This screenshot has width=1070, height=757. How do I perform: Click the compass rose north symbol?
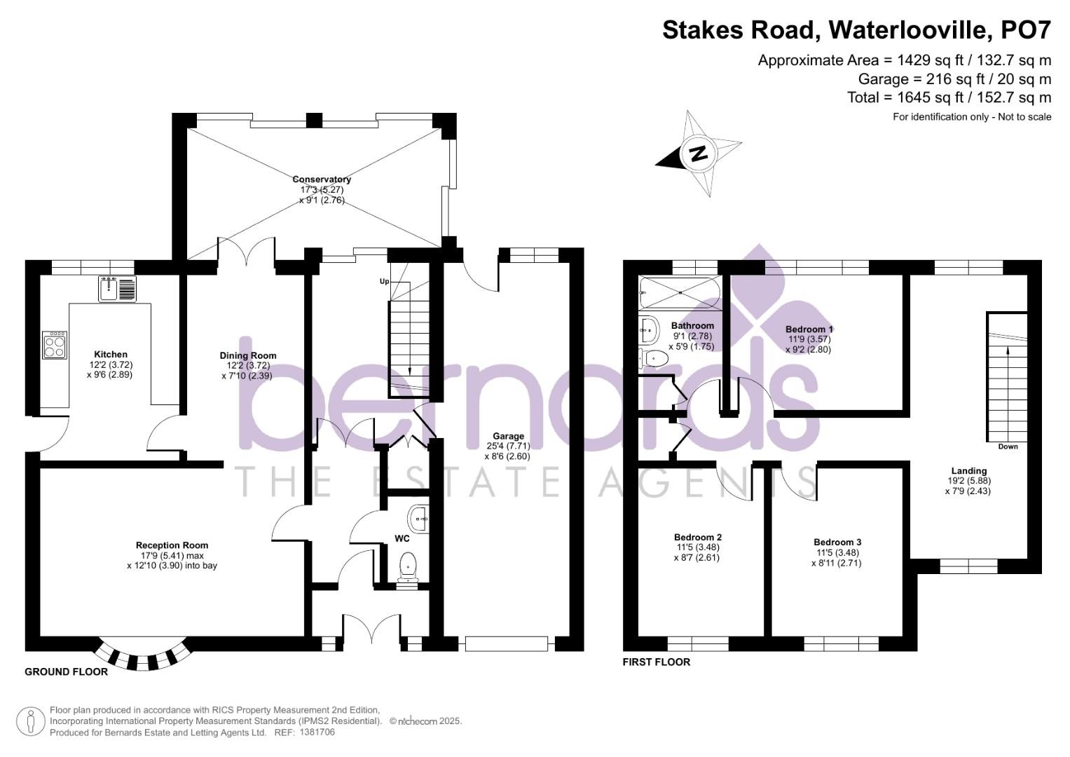point(697,154)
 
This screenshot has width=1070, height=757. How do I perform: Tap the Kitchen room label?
point(111,355)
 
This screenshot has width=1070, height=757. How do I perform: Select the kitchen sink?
point(117,289)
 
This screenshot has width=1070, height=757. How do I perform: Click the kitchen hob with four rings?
point(55,345)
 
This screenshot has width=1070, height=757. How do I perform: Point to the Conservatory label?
point(322,179)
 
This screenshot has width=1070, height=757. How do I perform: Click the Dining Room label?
point(248,355)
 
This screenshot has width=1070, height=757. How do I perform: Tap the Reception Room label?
point(172,545)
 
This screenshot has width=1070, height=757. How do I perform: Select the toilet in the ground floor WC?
point(406,566)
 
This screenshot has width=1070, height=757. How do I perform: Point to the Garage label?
point(508,436)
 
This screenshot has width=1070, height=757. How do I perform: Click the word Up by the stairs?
point(384,282)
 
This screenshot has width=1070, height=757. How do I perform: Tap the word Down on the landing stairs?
point(1008,446)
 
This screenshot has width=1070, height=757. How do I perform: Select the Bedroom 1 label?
point(809,329)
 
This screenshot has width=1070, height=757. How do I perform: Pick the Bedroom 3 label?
point(837,542)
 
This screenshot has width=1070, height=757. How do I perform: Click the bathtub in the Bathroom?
point(679,292)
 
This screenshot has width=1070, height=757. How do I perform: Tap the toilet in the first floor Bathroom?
point(654,358)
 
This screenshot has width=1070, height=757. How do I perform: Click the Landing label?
point(968,471)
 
